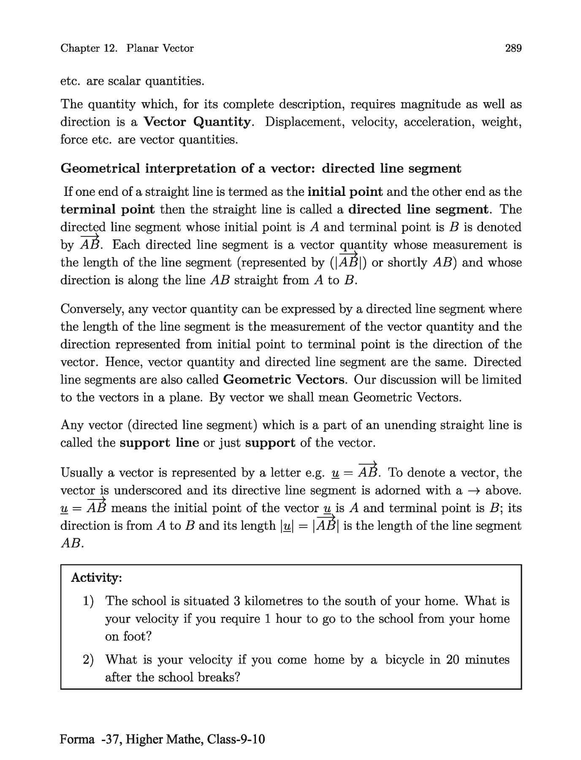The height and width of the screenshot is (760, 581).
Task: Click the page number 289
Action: pyautogui.click(x=513, y=48)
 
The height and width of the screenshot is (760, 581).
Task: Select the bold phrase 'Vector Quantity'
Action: pyautogui.click(x=197, y=122)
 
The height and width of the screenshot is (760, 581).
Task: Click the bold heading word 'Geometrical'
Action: pyautogui.click(x=100, y=168)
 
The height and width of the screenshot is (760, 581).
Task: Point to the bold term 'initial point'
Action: pyautogui.click(x=345, y=192)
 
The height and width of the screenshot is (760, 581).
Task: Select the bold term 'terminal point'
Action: pyautogui.click(x=108, y=209)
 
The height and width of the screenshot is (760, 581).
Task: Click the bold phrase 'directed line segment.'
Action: pyautogui.click(x=418, y=209)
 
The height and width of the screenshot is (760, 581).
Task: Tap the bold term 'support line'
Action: pyautogui.click(x=159, y=443)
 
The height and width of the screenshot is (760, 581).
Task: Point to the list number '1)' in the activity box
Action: pyautogui.click(x=88, y=601)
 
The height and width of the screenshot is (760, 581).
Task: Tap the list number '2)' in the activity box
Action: pyautogui.click(x=88, y=660)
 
